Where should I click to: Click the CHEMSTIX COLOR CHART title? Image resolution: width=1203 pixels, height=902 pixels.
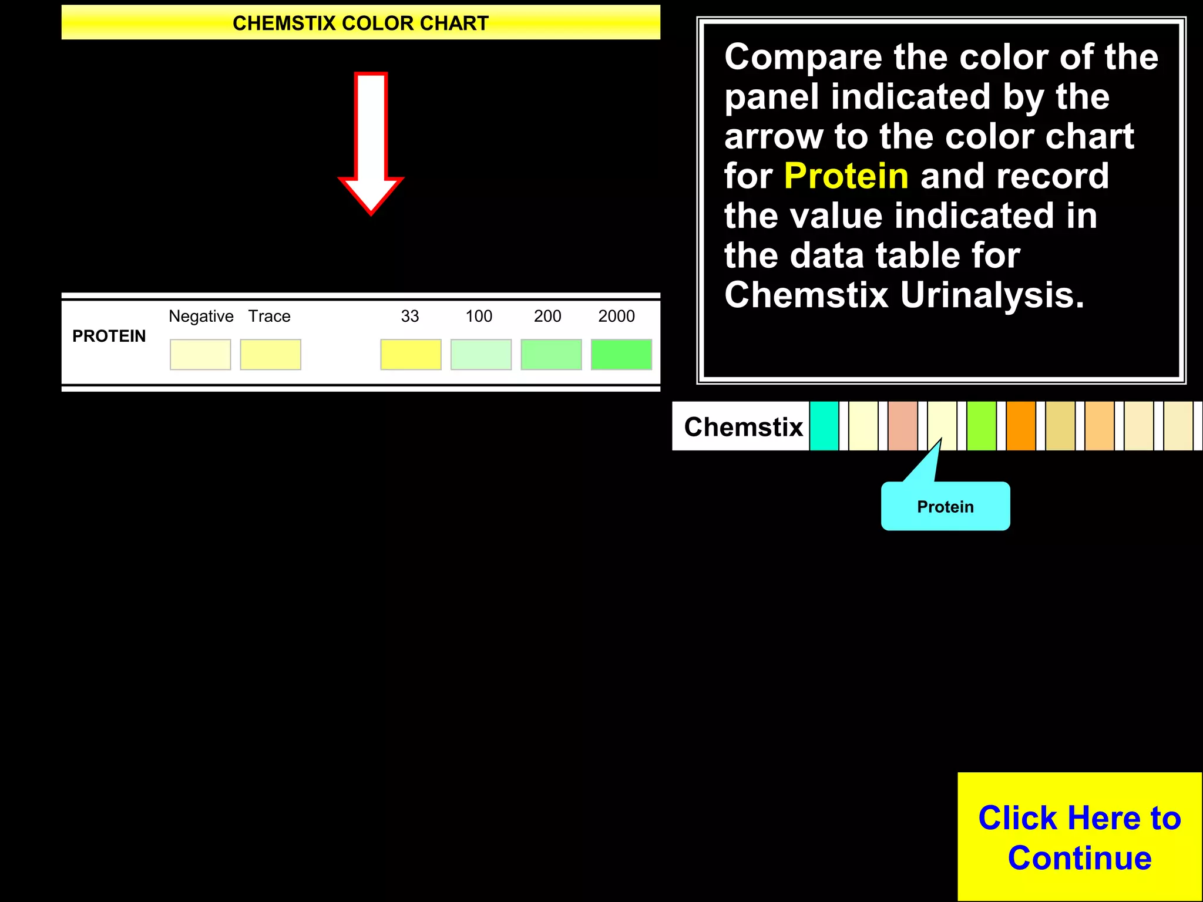[360, 23]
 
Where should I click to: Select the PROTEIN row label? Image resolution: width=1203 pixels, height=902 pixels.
[109, 336]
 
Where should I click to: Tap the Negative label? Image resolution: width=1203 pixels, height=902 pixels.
[201, 316]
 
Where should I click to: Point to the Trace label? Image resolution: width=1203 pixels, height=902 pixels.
[269, 316]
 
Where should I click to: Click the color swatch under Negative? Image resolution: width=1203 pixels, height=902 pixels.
[200, 354]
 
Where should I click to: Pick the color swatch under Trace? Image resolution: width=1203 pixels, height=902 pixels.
[270, 354]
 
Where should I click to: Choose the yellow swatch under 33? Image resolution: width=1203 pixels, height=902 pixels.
[411, 354]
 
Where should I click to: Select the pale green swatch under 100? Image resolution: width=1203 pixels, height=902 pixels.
[480, 354]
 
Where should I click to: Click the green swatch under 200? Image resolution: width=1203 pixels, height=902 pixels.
[551, 354]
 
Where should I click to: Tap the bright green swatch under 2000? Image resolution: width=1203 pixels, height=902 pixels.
[621, 354]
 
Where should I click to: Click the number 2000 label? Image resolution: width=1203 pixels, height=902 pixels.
[616, 316]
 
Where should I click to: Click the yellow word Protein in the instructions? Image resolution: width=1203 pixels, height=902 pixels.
[846, 176]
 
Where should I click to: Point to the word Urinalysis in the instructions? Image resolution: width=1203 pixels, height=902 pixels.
[992, 295]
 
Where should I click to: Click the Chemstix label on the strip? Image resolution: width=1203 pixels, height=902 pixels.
[743, 426]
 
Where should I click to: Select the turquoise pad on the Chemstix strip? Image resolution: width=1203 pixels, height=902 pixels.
[824, 426]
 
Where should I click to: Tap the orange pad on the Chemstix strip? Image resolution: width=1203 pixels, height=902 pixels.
[1020, 426]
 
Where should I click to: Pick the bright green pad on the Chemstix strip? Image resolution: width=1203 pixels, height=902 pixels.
[981, 426]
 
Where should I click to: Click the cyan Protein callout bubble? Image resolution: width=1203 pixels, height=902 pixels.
[945, 506]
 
